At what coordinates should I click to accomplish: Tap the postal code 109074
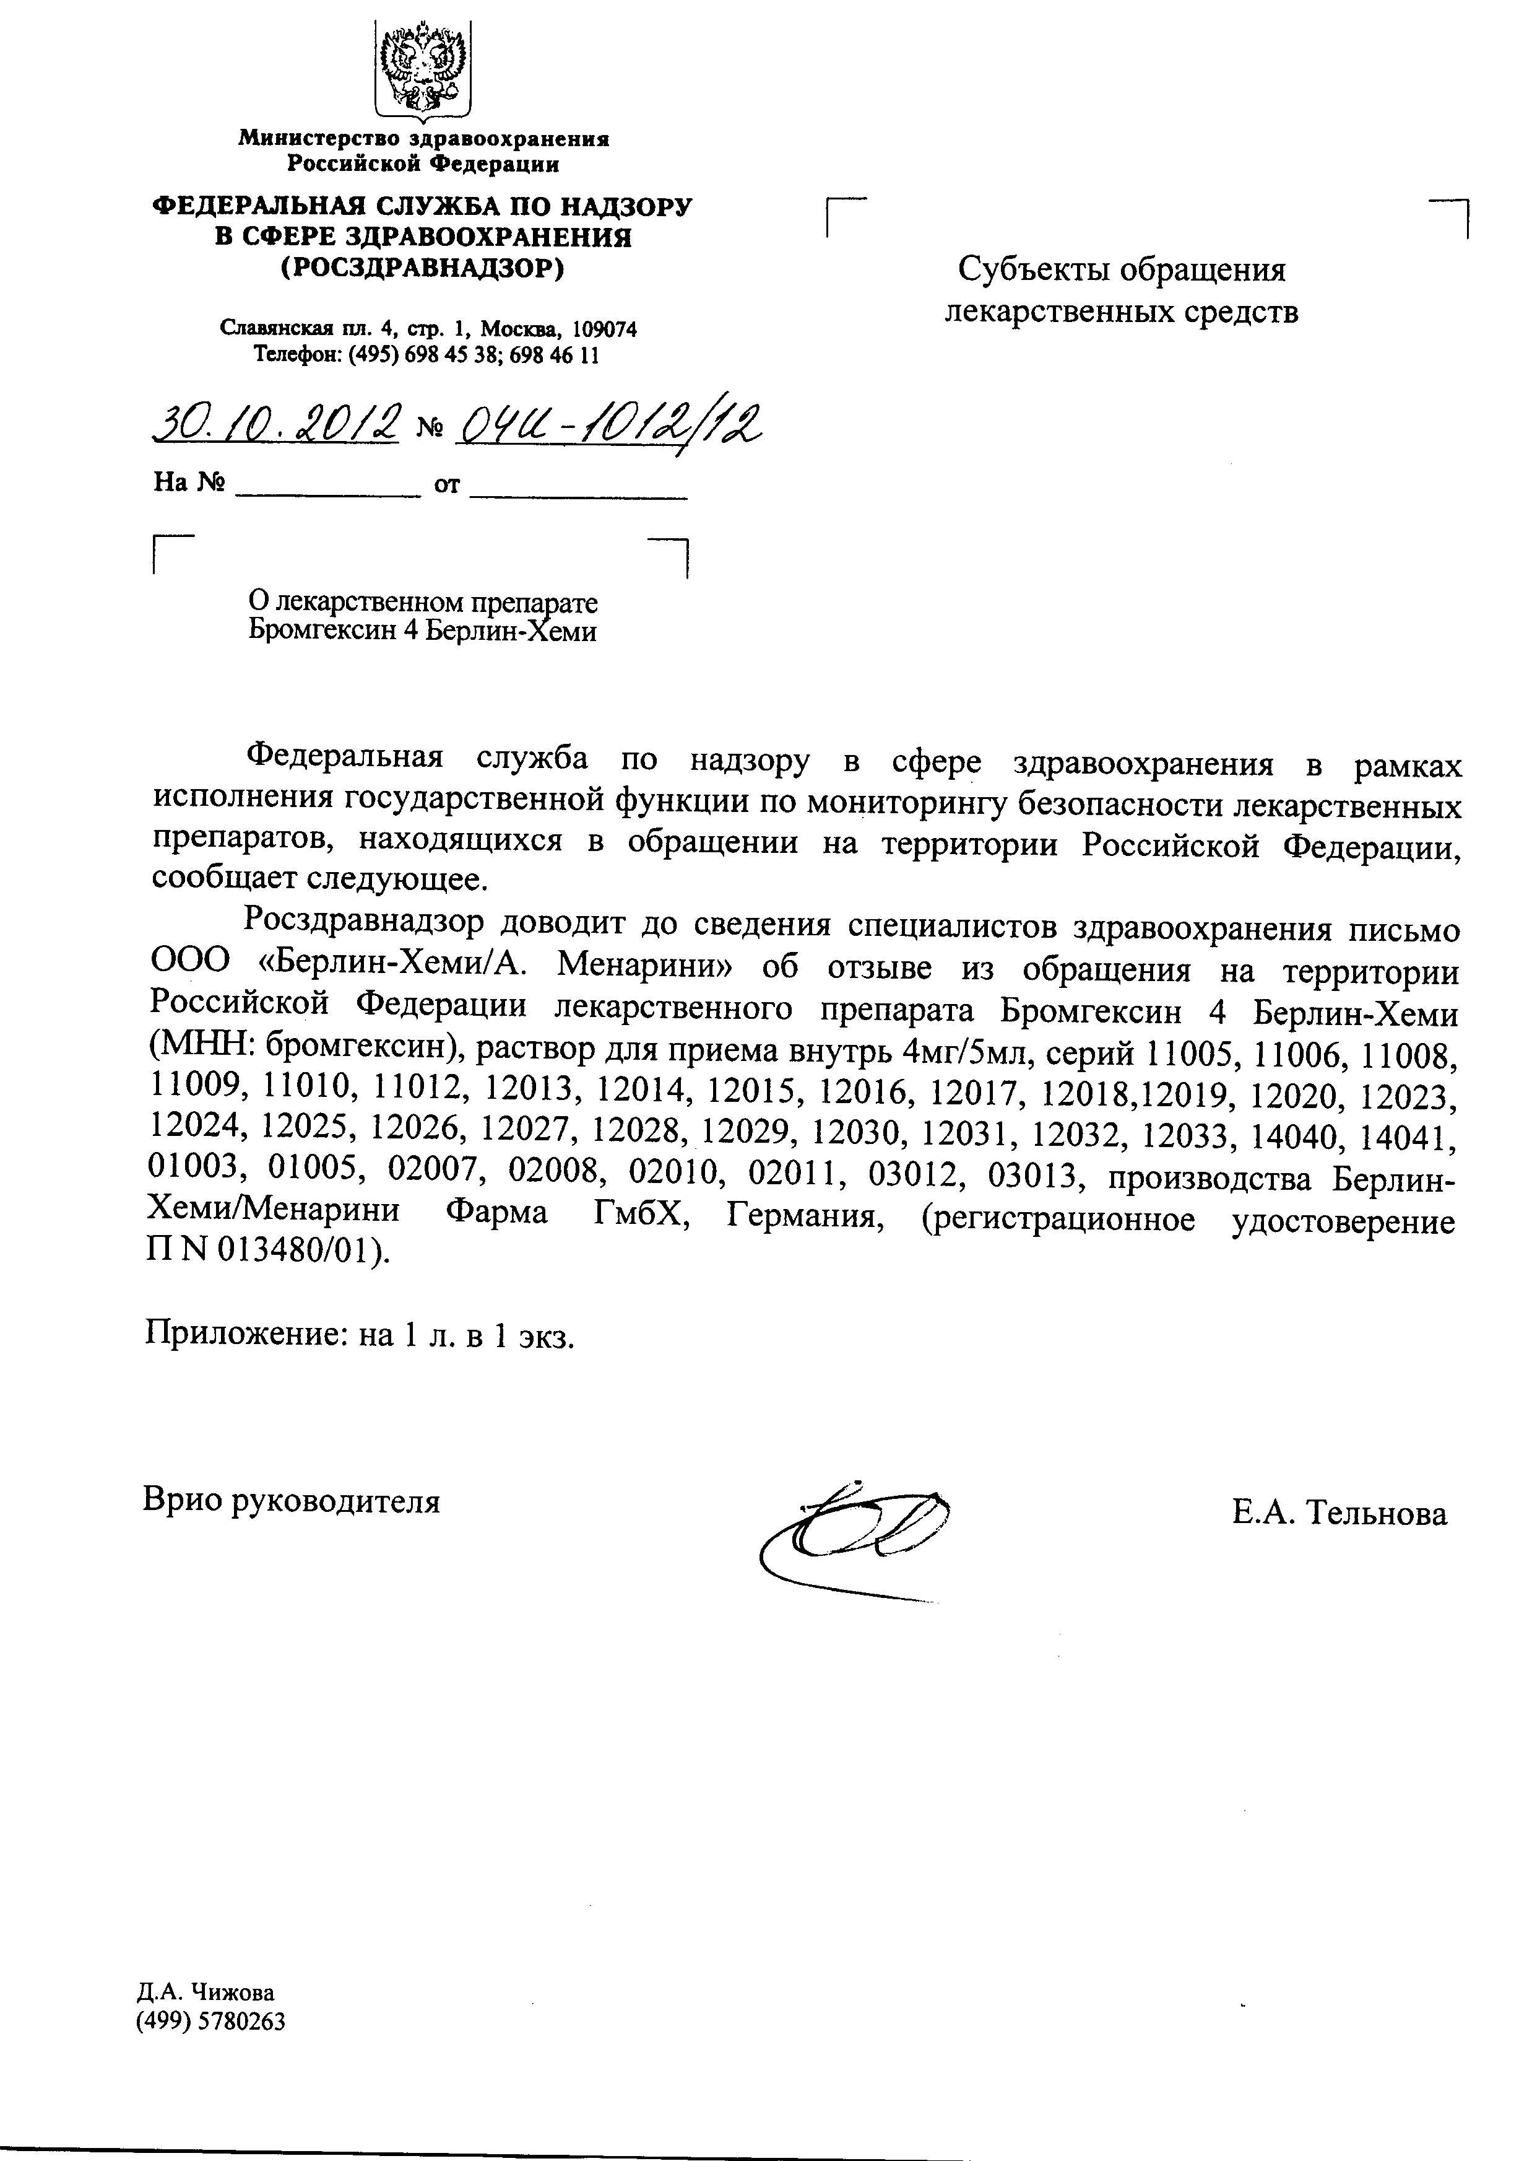click(x=605, y=330)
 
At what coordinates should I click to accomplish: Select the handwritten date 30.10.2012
click(x=275, y=426)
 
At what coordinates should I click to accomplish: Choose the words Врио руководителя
click(x=292, y=1500)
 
